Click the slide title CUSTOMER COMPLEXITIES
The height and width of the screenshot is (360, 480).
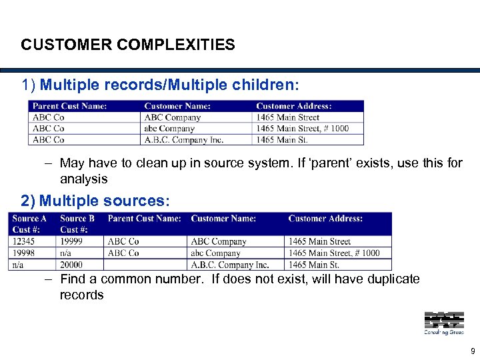[x=127, y=45]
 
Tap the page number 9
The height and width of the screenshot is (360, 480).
[x=473, y=351]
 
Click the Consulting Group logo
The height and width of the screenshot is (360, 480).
[x=443, y=323]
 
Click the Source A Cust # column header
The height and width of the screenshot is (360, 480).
[x=30, y=223]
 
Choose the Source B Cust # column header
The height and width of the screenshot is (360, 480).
[x=77, y=223]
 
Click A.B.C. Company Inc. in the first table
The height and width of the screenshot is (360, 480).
[x=183, y=139]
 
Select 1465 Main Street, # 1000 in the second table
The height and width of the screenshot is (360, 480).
[x=334, y=253]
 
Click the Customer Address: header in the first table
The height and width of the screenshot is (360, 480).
[x=294, y=105]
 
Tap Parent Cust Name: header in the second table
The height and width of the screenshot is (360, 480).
[x=144, y=218]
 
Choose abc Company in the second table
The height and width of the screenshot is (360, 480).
[x=216, y=253]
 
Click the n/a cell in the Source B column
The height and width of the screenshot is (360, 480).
[x=67, y=253]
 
